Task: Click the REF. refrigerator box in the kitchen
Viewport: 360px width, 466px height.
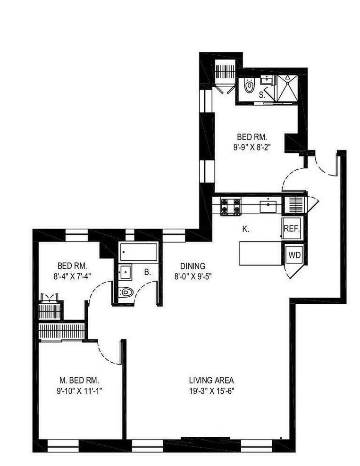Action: pyautogui.click(x=291, y=229)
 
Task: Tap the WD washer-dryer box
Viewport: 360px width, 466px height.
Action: pyautogui.click(x=294, y=255)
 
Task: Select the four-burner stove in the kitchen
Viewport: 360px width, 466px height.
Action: pyautogui.click(x=231, y=206)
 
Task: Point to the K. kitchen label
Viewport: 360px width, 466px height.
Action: pyautogui.click(x=245, y=229)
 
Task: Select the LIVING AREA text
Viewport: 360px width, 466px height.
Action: pyautogui.click(x=211, y=380)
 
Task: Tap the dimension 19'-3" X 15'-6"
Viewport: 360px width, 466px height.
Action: pyautogui.click(x=211, y=391)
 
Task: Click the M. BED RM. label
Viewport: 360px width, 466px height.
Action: pyautogui.click(x=79, y=380)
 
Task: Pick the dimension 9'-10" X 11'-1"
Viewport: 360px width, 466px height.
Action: pyautogui.click(x=79, y=391)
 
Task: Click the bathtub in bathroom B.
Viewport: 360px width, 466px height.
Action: pyautogui.click(x=138, y=252)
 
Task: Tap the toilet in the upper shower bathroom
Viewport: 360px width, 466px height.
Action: pyautogui.click(x=249, y=85)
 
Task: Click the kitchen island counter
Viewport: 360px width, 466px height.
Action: pyautogui.click(x=260, y=253)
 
